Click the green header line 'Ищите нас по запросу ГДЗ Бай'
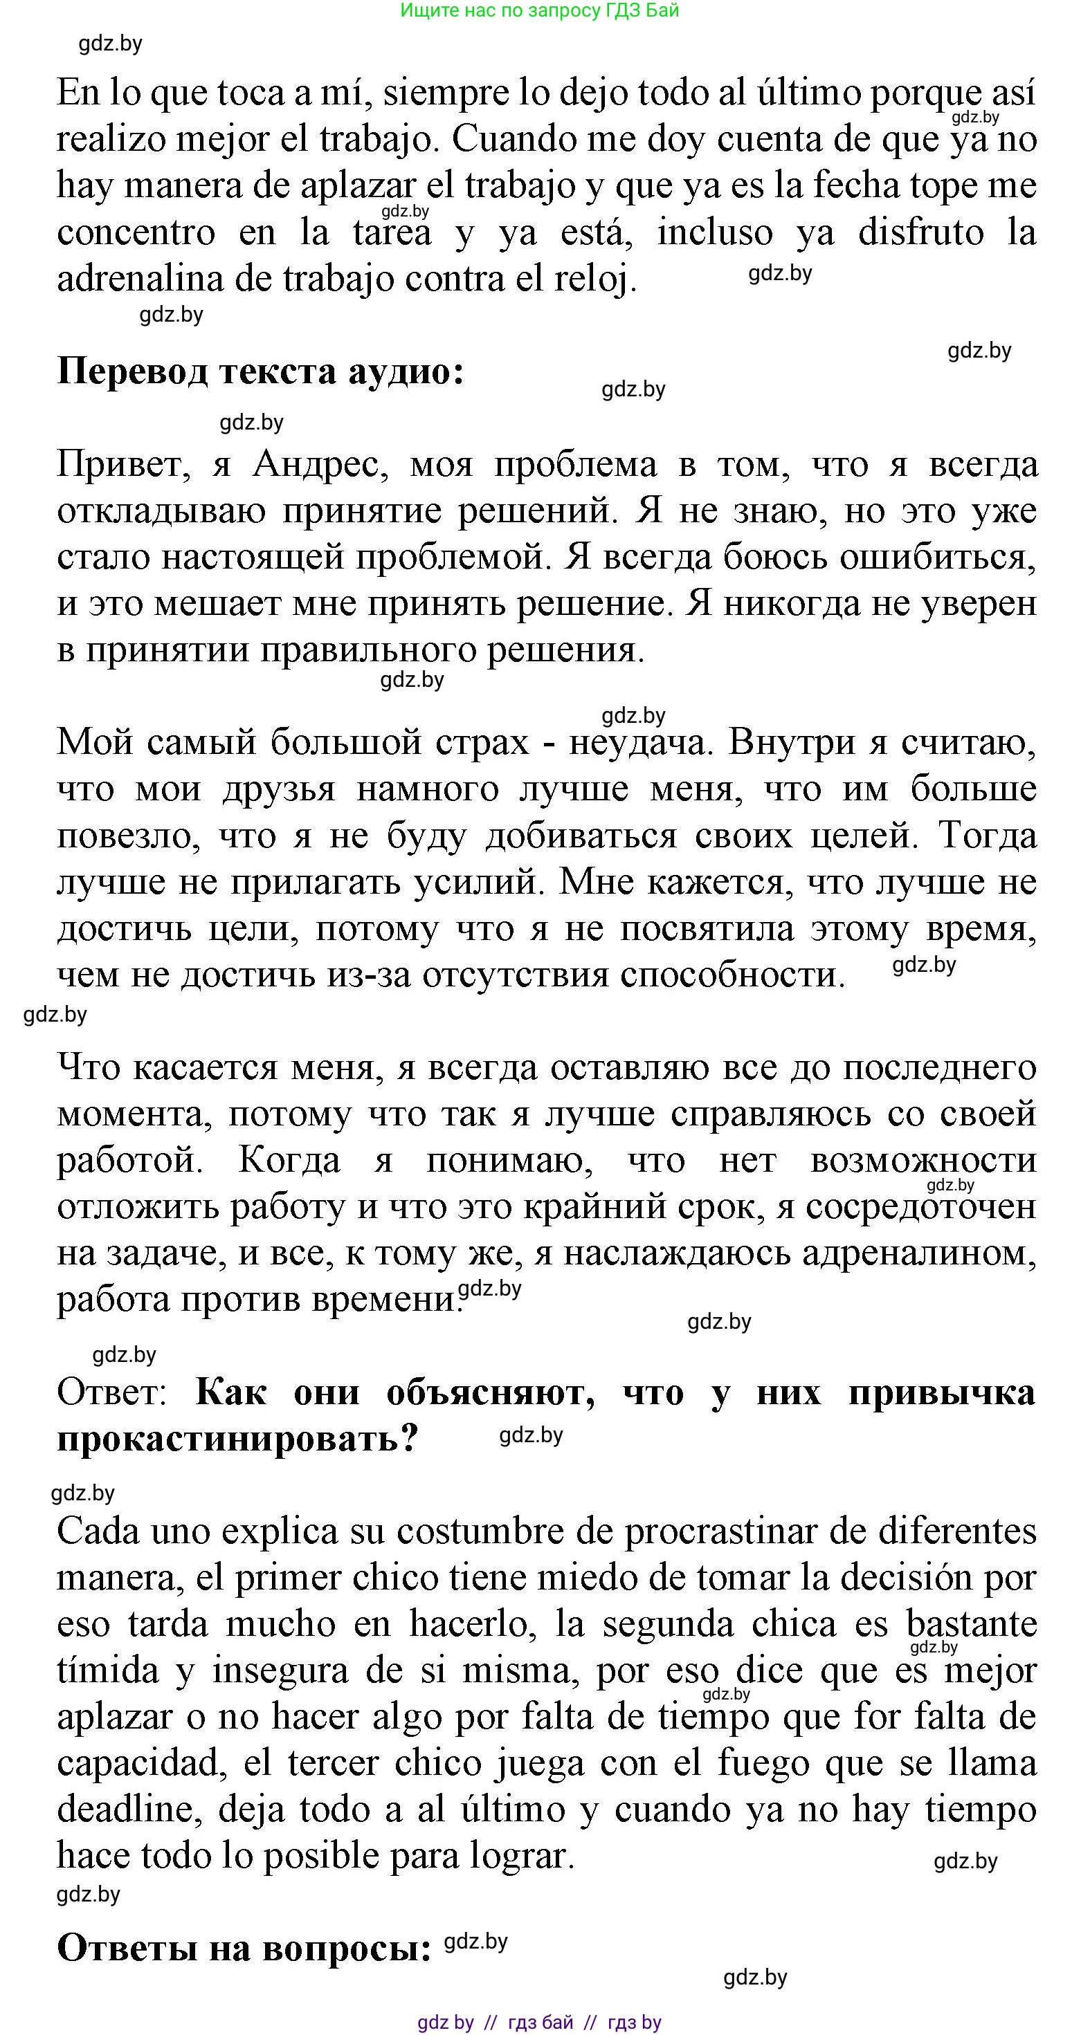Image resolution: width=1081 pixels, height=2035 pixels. point(540,10)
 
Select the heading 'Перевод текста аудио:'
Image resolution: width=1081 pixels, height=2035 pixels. point(260,371)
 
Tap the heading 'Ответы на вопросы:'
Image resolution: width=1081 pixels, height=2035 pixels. point(244,1949)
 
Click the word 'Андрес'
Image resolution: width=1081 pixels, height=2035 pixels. point(320,465)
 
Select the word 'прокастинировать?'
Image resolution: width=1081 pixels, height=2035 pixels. point(237,1438)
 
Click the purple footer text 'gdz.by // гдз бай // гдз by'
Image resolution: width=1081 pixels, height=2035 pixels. point(540,2023)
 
